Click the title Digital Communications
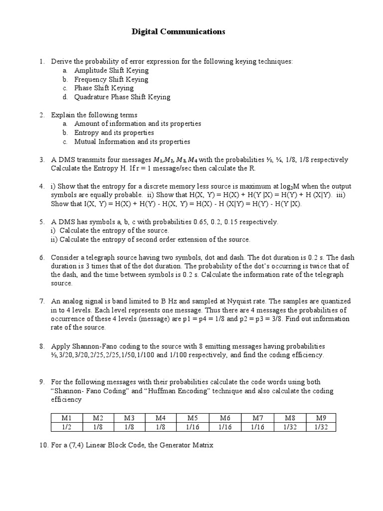[179, 32]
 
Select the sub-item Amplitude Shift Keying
[111, 70]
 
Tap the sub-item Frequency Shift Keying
[111, 79]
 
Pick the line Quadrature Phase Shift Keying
[122, 97]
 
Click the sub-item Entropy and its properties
[114, 133]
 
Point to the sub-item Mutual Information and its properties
[132, 142]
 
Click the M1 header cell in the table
[67, 418]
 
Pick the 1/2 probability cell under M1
[67, 427]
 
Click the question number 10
[43, 445]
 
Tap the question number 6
[42, 257]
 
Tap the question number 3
[42, 160]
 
